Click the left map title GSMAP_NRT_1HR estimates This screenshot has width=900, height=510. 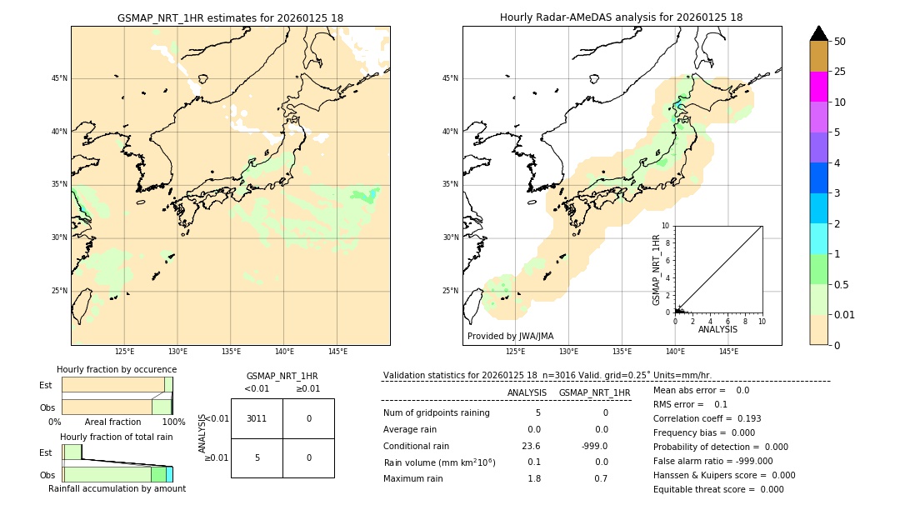click(x=230, y=17)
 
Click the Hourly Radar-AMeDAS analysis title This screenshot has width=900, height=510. click(x=621, y=17)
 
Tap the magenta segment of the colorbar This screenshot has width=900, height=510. click(x=818, y=87)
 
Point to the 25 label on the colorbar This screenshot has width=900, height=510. click(x=840, y=72)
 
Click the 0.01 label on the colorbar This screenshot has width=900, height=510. click(x=845, y=314)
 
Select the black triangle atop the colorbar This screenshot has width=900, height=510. click(x=818, y=33)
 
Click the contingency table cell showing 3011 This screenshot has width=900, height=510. click(x=257, y=418)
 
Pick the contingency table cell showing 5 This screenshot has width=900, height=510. click(x=257, y=457)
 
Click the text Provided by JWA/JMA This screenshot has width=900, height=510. click(x=510, y=336)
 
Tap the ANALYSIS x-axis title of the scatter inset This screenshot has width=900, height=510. click(x=717, y=329)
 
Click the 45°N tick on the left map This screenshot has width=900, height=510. click(x=59, y=78)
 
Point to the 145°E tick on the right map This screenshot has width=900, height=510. click(x=728, y=352)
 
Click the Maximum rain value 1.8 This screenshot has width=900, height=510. click(x=533, y=478)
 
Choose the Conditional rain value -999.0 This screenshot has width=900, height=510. click(x=594, y=446)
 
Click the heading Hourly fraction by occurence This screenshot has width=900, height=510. click(x=117, y=369)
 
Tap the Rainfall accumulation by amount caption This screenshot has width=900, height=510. click(x=117, y=488)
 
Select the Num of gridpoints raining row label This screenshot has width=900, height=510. click(x=437, y=412)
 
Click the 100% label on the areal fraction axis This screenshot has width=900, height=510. click(x=173, y=422)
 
